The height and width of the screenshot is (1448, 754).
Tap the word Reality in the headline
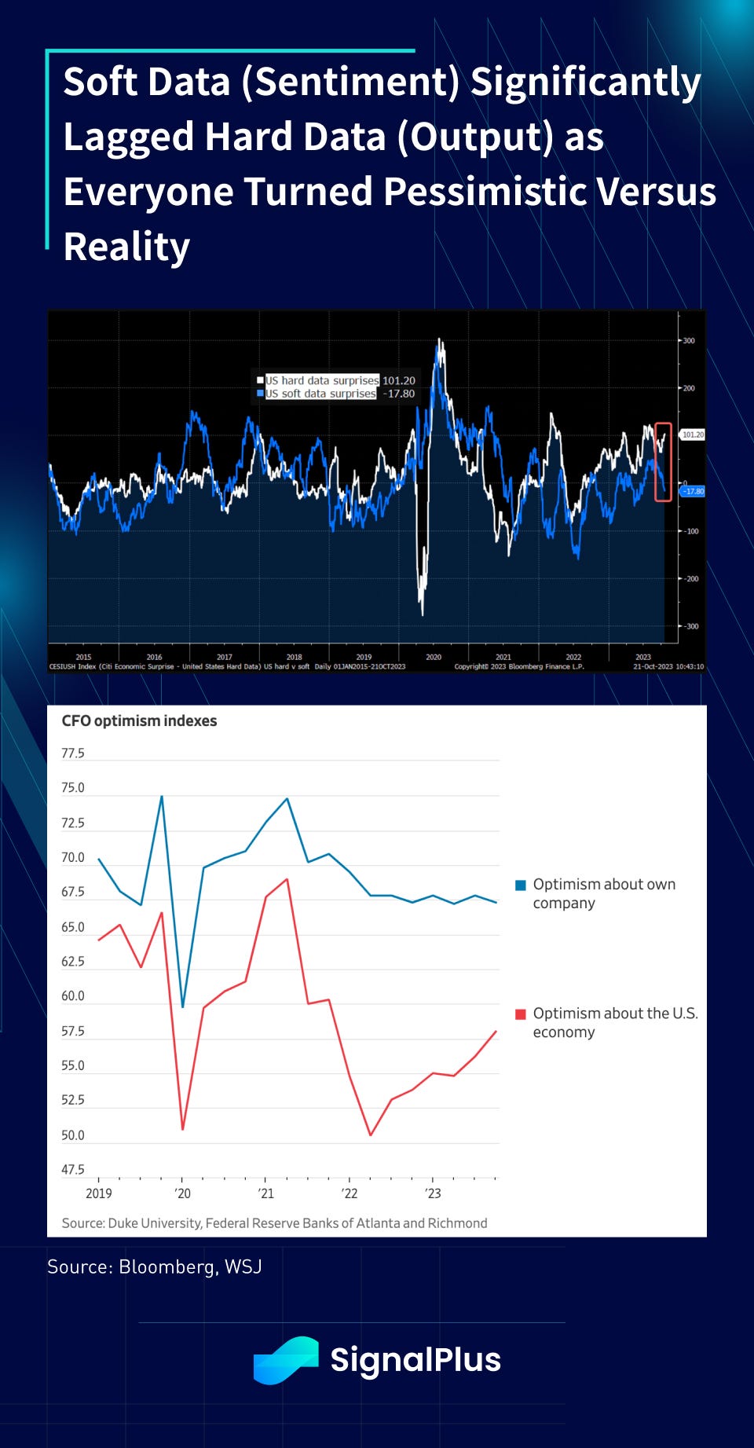tap(126, 247)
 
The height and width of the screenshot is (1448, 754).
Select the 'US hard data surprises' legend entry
tap(322, 380)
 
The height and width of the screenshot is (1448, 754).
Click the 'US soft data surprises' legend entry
tap(320, 394)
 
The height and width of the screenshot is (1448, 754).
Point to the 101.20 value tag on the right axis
tap(693, 434)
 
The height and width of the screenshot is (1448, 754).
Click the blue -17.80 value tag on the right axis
tap(694, 491)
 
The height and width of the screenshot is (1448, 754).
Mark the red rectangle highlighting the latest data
tap(663, 461)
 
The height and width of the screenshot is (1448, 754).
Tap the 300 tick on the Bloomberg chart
tap(689, 341)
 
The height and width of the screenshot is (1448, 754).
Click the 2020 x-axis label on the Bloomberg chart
tap(434, 657)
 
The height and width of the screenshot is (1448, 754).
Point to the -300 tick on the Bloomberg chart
tap(690, 626)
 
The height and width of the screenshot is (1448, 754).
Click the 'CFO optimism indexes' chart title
tap(139, 720)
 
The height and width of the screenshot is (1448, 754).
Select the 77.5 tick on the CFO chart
tap(73, 753)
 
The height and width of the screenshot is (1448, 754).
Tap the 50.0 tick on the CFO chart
tap(73, 1135)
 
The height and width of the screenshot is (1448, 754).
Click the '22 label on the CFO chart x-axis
tap(349, 1193)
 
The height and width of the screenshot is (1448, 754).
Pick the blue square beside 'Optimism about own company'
tap(520, 885)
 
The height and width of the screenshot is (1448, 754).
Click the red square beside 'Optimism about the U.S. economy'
tap(520, 1014)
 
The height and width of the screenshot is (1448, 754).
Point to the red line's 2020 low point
tap(182, 1129)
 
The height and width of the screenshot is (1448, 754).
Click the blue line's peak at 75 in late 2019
tap(162, 797)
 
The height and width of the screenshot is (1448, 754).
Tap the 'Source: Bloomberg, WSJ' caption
tap(154, 1267)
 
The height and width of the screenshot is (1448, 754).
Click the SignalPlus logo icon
tap(286, 1360)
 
